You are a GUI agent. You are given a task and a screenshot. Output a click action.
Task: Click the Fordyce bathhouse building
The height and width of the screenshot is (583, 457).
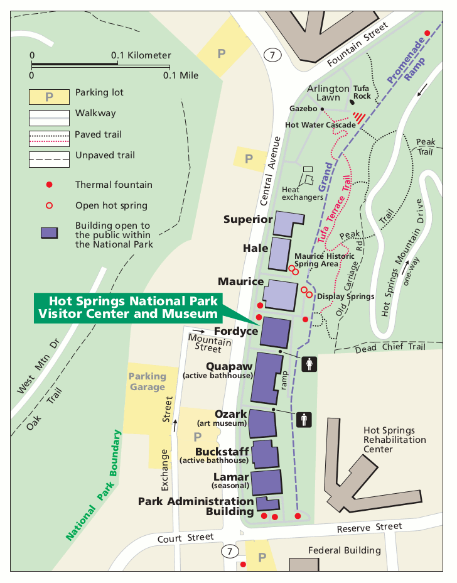(x=276, y=332)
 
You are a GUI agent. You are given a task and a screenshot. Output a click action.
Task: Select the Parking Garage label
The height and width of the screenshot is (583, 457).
(x=148, y=381)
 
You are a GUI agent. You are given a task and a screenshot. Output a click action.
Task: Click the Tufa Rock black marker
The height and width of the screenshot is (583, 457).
(x=352, y=101)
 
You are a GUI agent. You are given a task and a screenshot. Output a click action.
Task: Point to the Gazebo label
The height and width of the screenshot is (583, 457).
(x=303, y=109)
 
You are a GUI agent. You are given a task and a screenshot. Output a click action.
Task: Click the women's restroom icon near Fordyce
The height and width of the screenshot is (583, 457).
(x=309, y=364)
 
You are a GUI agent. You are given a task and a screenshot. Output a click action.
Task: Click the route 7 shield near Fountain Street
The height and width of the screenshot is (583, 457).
(x=271, y=55)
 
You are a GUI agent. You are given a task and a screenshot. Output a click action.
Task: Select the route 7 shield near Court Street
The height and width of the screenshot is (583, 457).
(x=230, y=552)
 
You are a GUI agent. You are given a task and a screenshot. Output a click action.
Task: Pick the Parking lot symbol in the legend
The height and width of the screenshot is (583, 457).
(x=48, y=97)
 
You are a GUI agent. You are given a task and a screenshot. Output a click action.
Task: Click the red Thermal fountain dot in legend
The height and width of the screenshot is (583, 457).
(x=48, y=185)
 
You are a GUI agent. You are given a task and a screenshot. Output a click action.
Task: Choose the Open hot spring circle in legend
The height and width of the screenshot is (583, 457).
(x=48, y=205)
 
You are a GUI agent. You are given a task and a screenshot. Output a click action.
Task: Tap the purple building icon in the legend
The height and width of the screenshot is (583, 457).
(x=48, y=232)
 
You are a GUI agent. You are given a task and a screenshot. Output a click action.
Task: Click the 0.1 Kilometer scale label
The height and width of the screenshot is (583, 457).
(x=141, y=55)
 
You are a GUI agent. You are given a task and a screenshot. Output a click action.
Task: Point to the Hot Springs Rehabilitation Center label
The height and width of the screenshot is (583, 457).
(x=389, y=440)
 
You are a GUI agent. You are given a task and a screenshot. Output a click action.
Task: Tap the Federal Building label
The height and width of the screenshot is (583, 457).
(x=344, y=550)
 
